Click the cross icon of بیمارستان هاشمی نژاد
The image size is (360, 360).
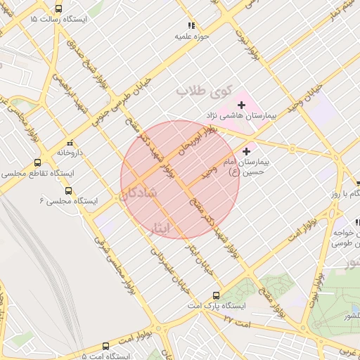click(240, 105)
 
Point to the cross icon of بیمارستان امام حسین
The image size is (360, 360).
click(246, 151)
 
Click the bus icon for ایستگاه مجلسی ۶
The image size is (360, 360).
click(68, 191)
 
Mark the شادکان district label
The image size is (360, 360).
click(138, 195)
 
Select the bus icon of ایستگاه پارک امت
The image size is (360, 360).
click(216, 296)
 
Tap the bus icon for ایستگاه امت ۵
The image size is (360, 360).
click(105, 346)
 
